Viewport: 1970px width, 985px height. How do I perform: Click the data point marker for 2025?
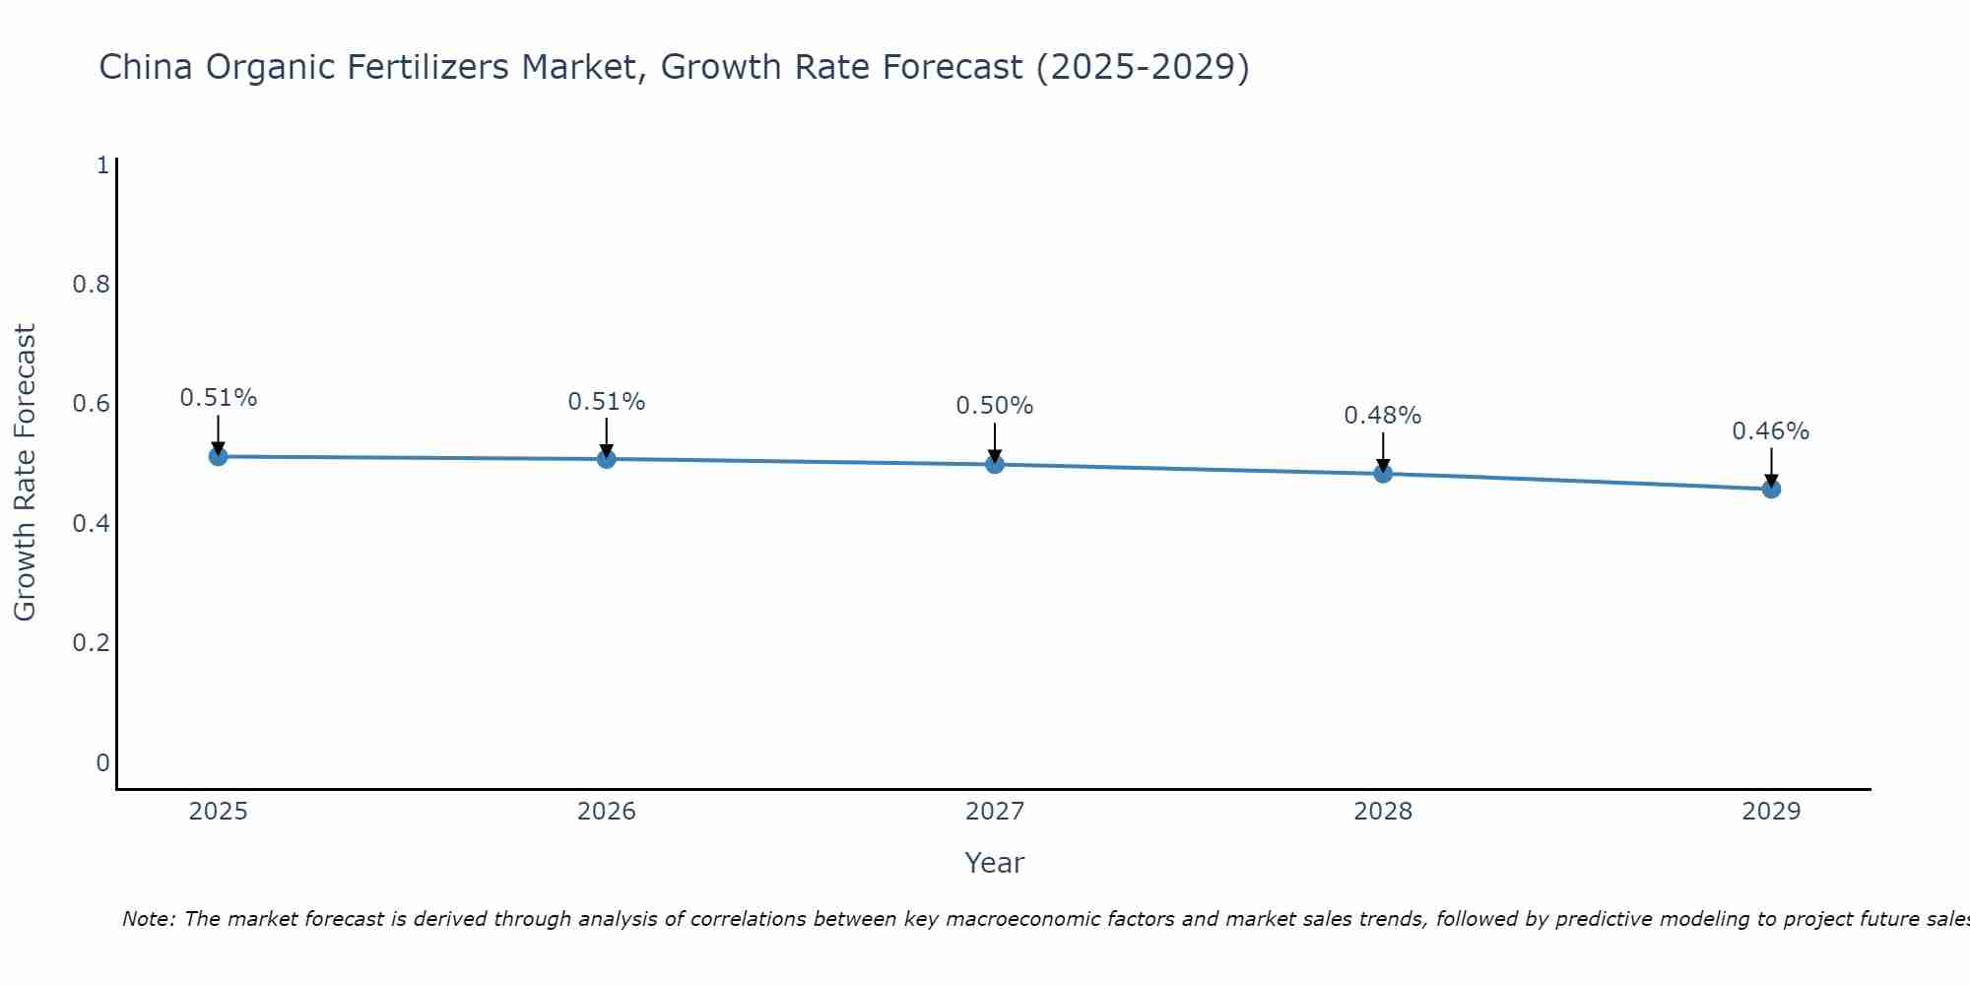click(x=218, y=456)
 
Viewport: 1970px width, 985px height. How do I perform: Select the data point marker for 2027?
click(x=995, y=464)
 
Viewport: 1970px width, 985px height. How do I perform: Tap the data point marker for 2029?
click(x=1771, y=489)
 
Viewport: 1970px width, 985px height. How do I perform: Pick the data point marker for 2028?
click(x=1383, y=474)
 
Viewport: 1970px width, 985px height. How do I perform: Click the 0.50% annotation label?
click(x=995, y=406)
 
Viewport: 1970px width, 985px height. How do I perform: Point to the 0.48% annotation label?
click(x=1383, y=416)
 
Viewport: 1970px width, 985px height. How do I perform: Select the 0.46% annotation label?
click(x=1771, y=431)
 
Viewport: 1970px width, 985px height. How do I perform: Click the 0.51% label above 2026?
click(x=607, y=402)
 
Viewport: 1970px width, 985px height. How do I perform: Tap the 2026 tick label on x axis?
click(x=607, y=812)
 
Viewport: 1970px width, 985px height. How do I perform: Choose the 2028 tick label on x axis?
click(x=1383, y=812)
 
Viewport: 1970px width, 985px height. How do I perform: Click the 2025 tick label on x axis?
click(x=218, y=812)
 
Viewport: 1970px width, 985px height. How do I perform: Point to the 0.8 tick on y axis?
click(x=91, y=285)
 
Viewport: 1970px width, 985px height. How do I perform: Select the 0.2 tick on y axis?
click(x=91, y=643)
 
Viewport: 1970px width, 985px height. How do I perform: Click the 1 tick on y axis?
click(x=102, y=165)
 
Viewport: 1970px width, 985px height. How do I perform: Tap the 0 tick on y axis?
click(x=102, y=763)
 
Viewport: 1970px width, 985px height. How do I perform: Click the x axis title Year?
click(x=995, y=863)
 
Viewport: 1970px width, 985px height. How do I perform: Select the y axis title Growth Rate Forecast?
click(x=25, y=473)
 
